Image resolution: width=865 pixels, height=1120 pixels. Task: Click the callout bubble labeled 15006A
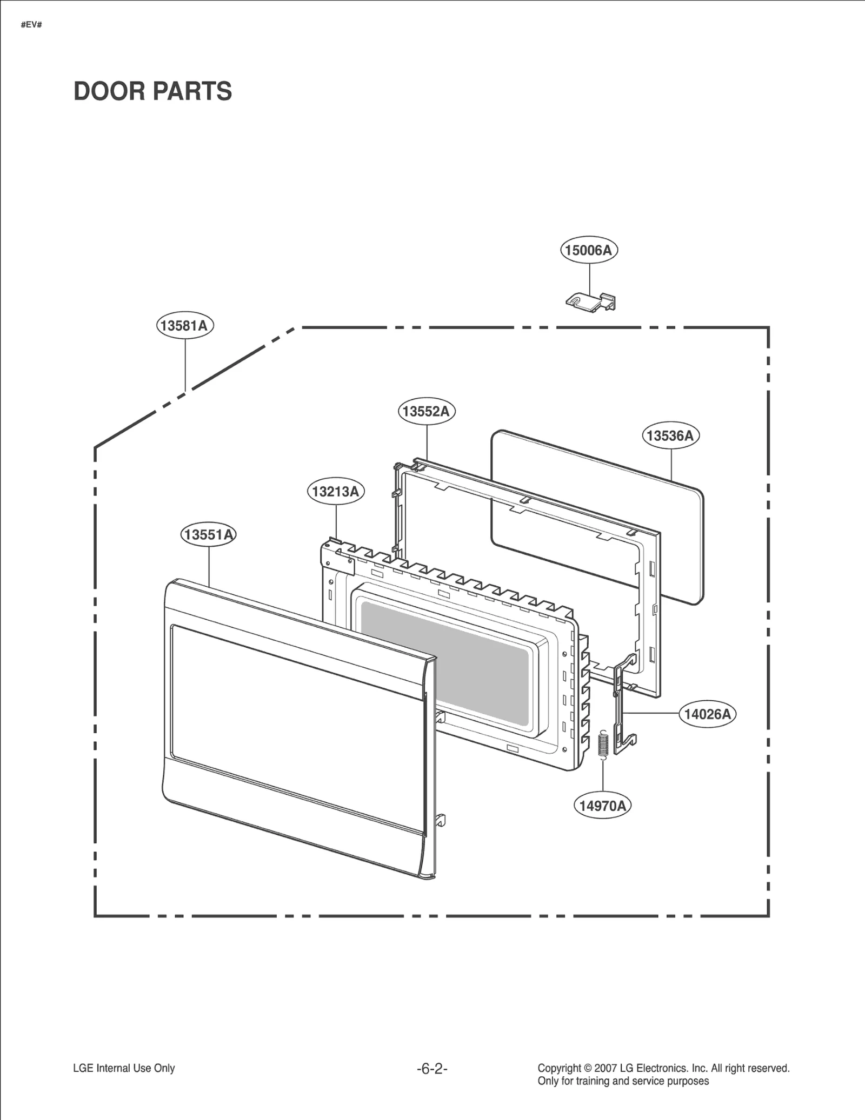click(589, 250)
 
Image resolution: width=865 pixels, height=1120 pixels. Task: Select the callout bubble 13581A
click(185, 325)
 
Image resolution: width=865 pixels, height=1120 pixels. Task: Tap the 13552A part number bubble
click(427, 412)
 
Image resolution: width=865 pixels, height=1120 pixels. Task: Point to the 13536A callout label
click(670, 435)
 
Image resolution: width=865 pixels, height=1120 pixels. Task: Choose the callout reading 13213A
click(336, 491)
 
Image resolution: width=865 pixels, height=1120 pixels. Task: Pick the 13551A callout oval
click(208, 535)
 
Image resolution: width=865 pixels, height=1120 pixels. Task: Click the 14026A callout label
click(707, 714)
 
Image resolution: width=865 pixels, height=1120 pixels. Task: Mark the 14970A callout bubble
click(602, 806)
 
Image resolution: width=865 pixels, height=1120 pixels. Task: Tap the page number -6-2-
click(432, 1069)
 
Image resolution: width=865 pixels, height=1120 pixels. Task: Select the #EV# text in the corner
click(31, 25)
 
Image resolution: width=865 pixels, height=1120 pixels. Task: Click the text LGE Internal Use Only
click(124, 1068)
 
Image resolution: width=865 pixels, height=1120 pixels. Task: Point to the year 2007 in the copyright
click(605, 1068)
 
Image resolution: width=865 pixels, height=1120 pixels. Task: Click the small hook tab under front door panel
click(440, 820)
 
